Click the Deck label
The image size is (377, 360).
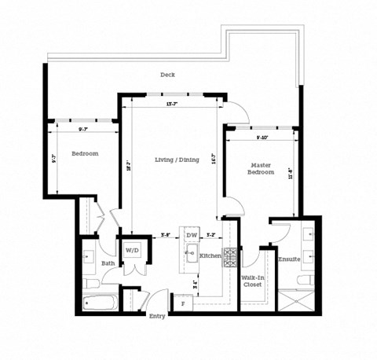[167, 75]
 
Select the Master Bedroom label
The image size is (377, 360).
[262, 168]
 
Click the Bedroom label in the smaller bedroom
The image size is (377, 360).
[85, 154]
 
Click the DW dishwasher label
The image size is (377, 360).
[191, 235]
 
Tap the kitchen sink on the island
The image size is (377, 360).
[191, 252]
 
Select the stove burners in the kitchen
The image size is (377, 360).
[231, 255]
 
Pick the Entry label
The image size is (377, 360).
[157, 317]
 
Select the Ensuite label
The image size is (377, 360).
[289, 259]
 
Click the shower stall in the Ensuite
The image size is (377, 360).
[298, 300]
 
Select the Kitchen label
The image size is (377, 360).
[209, 257]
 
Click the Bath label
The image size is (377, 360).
[107, 264]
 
